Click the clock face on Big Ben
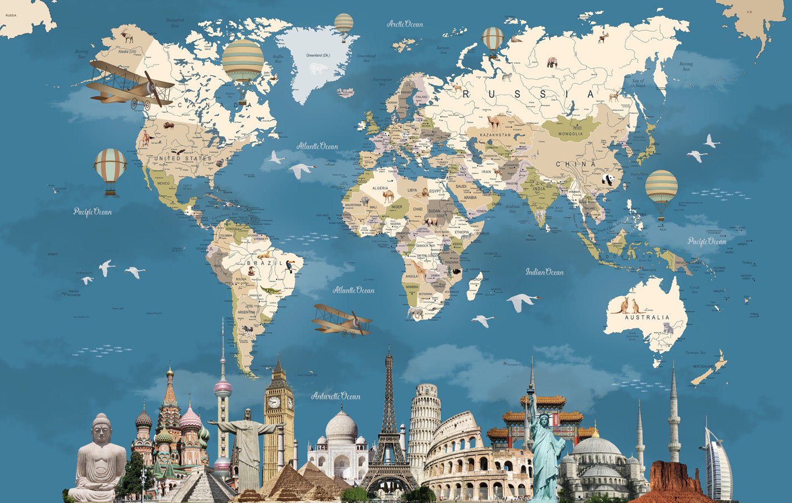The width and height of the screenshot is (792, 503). [274, 402]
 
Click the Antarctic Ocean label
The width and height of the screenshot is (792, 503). [336, 396]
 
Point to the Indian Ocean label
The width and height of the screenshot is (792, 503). [544, 272]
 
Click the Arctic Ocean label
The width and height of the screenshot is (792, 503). [405, 24]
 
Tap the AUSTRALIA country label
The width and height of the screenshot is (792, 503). [647, 317]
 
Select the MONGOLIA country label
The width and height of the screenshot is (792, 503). [571, 134]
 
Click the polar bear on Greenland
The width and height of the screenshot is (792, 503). [319, 69]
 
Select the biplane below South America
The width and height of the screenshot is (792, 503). [341, 320]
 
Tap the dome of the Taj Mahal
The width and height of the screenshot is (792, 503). [341, 426]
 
